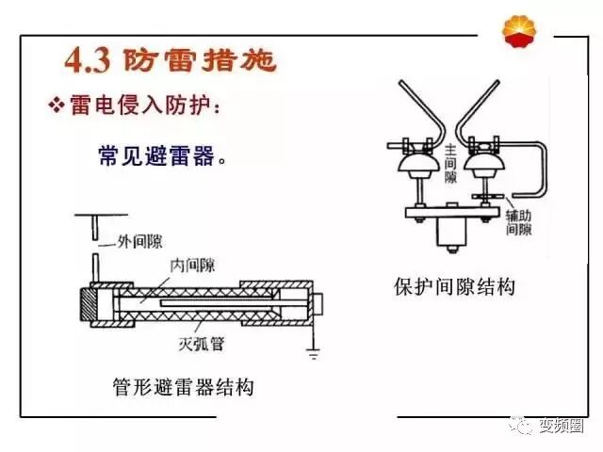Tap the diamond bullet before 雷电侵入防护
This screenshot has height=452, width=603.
[56, 105]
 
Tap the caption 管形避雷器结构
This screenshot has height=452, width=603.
[184, 387]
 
